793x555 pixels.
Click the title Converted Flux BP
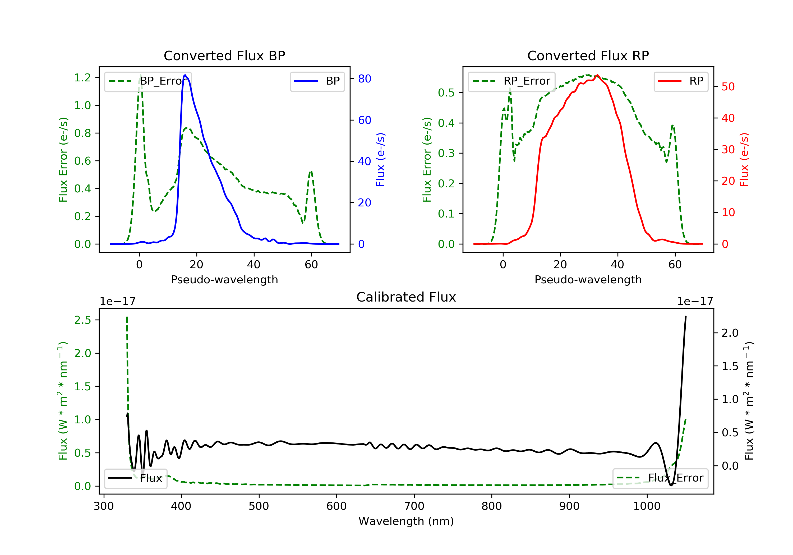point(224,55)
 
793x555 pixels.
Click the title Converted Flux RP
point(588,55)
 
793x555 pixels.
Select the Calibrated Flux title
point(406,297)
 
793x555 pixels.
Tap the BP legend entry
point(317,81)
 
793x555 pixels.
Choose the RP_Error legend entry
point(511,81)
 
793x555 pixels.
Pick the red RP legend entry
point(681,81)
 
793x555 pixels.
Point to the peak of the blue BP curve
point(185,75)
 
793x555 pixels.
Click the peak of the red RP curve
point(597,75)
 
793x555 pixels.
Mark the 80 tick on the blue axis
point(364,79)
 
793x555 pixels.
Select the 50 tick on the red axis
point(728,87)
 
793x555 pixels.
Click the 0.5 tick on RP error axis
point(446,92)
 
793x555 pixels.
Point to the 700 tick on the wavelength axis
point(414,506)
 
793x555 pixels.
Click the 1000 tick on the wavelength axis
point(647,506)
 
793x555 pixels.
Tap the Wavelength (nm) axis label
point(406,521)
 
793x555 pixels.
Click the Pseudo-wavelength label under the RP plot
point(588,279)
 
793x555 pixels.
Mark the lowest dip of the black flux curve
point(671,485)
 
